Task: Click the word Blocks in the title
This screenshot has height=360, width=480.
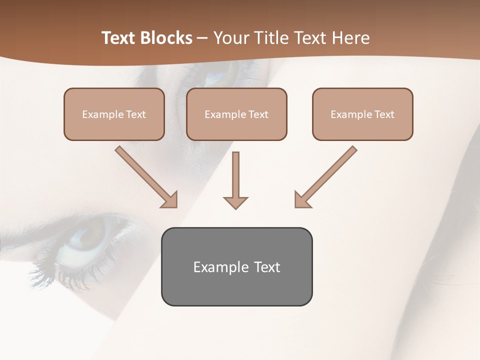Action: click(167, 38)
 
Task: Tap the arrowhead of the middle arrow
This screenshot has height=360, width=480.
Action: click(235, 202)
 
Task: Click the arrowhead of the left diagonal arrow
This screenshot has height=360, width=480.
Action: click(170, 200)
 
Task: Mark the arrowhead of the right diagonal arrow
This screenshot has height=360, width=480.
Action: click(301, 200)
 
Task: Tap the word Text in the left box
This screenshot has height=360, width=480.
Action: click(135, 114)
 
